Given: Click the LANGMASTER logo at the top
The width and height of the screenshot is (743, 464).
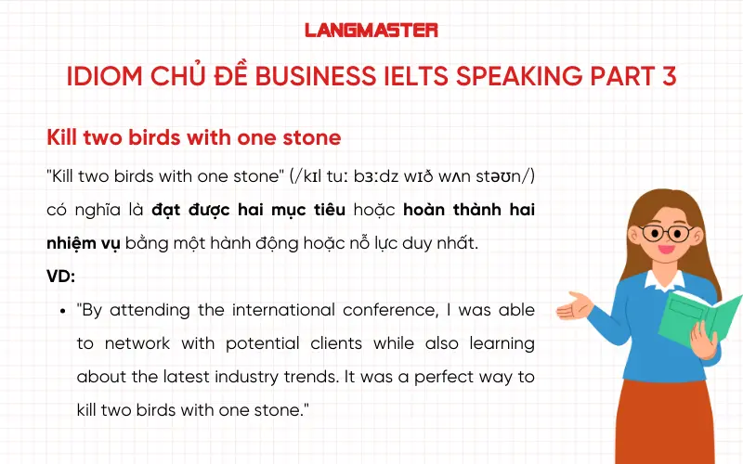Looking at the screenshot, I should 371,30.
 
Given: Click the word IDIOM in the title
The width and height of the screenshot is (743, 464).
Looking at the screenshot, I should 101,76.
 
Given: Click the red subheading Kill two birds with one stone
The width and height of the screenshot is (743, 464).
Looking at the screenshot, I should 194,137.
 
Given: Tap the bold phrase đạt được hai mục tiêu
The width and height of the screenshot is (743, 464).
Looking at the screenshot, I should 248,211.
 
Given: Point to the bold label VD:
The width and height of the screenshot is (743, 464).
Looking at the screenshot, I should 60,277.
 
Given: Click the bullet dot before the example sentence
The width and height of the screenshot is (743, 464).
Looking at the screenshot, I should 61,310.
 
